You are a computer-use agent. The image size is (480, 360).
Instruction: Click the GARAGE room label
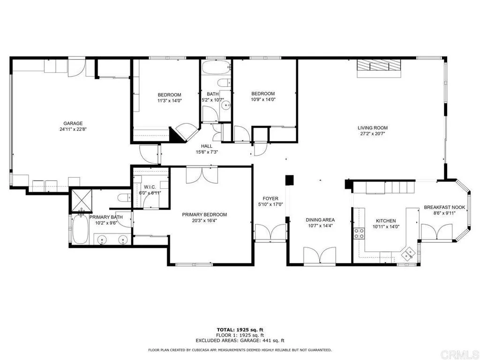pos(71,123)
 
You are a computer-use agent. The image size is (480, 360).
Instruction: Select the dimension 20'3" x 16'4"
pos(204,221)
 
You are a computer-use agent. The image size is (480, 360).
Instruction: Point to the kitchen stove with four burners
pos(360,233)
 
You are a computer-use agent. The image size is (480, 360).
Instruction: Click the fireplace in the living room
pos(379,68)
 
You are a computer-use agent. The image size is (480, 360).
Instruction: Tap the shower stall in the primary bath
pos(81,201)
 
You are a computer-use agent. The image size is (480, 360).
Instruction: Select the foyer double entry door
pos(270,232)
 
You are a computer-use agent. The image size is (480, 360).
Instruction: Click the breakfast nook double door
pos(437,232)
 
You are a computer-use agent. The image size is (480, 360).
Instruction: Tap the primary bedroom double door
pos(195,174)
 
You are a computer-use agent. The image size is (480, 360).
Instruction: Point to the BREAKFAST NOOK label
pos(444,207)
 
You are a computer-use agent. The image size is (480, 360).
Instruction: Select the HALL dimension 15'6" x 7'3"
pos(207,152)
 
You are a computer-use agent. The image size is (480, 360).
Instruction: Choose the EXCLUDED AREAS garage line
pos(240,341)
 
